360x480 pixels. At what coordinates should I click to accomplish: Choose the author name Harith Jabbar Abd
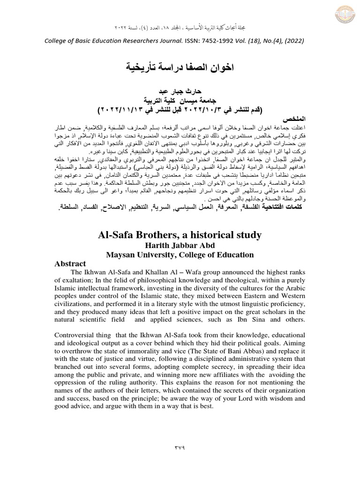pyautogui.click(x=180, y=246)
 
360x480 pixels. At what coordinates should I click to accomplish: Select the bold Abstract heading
pyautogui.click(x=71, y=264)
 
